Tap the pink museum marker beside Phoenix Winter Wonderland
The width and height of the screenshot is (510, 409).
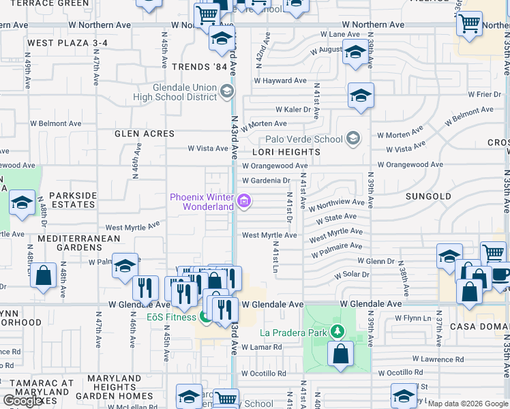point(245,202)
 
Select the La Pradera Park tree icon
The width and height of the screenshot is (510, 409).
point(336,332)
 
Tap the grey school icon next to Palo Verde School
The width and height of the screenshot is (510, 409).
point(352,139)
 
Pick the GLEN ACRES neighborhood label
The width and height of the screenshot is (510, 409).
point(145,134)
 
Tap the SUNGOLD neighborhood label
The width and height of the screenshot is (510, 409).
point(428,196)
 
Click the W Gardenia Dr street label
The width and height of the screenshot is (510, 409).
point(266,181)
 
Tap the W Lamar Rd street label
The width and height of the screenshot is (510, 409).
point(258,347)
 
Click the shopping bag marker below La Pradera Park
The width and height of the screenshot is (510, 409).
point(340,354)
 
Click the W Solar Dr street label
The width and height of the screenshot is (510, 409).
point(351,275)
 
